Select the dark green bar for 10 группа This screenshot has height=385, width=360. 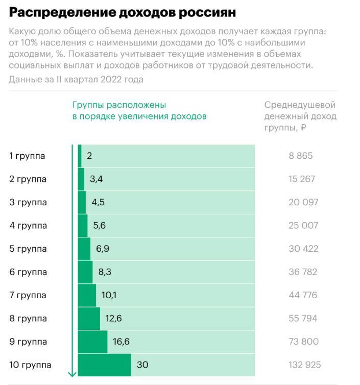point(105,365)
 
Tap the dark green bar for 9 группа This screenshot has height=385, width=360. point(93,342)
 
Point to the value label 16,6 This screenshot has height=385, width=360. point(121,342)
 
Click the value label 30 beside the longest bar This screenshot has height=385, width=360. point(142,365)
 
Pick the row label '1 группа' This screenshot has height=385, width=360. point(27,156)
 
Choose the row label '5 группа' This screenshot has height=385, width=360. point(28,249)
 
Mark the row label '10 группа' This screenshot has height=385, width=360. point(30,365)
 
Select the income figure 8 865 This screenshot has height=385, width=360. point(301,156)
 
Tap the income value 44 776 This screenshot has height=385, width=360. point(303,295)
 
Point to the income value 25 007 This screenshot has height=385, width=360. point(303,225)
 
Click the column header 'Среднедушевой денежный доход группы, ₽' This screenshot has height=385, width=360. point(300,116)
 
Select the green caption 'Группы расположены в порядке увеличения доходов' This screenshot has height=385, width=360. point(139,111)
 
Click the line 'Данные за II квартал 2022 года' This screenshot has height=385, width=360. point(76,79)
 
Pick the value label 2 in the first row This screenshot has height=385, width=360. point(89,156)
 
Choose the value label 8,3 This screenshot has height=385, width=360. point(104,272)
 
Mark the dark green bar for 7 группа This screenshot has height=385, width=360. point(87,295)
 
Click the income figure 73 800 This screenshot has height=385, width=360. point(303,342)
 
